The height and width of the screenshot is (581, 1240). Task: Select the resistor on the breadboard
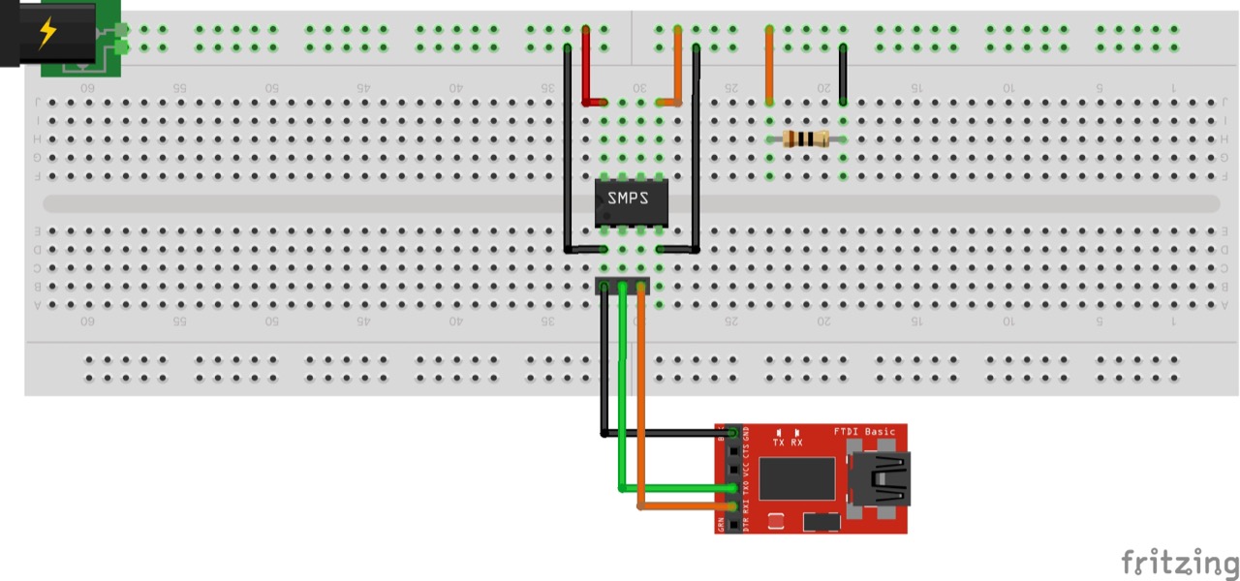tap(806, 138)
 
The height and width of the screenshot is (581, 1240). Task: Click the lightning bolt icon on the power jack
tap(46, 33)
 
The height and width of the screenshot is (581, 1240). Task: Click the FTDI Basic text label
tap(864, 432)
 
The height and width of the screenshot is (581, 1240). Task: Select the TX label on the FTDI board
tap(779, 443)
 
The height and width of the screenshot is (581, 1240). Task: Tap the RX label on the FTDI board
tap(796, 443)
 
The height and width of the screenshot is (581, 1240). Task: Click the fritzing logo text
tap(1179, 562)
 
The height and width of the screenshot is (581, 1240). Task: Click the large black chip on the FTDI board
tap(796, 478)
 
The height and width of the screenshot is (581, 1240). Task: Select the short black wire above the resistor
tap(844, 74)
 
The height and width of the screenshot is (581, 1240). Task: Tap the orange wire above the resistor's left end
tap(769, 64)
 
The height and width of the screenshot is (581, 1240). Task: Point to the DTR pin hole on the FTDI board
tap(733, 524)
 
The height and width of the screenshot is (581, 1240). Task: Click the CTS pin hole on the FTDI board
tap(733, 450)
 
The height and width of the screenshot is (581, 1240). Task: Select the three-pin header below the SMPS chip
tap(622, 286)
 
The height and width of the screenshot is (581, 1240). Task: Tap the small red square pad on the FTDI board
tap(776, 522)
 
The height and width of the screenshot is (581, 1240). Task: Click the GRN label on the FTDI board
tap(722, 525)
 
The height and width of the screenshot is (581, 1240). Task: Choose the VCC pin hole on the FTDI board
tap(733, 469)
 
